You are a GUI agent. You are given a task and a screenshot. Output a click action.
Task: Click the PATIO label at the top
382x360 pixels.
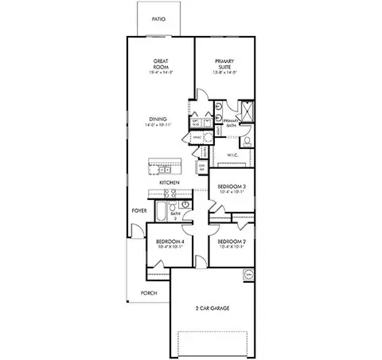coord(158,18)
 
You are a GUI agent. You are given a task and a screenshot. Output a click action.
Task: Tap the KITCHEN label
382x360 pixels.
coord(168,182)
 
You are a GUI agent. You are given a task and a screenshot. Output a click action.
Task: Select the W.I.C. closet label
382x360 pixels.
coord(232,155)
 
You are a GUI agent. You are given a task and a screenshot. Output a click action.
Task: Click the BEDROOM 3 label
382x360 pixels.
coord(232,187)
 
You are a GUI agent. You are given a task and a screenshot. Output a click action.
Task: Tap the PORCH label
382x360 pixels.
coord(149,292)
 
